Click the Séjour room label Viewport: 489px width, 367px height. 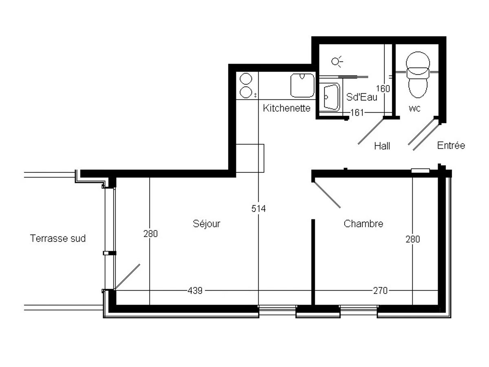click(207, 224)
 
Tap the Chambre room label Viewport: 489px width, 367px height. click(363, 224)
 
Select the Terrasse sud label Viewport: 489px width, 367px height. click(58, 239)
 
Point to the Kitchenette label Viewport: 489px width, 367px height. click(287, 108)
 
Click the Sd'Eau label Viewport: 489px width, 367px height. click(361, 97)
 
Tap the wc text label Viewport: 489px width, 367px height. click(414, 108)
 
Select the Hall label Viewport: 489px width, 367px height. click(382, 146)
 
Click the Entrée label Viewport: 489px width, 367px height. click(451, 146)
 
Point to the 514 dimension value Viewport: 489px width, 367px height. click(258, 209)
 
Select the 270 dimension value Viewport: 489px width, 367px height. click(380, 291)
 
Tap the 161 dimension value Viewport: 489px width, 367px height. click(357, 113)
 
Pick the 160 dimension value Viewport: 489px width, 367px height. click(383, 88)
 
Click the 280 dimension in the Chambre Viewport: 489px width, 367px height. click(412, 239)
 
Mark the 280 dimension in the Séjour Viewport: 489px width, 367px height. click(150, 234)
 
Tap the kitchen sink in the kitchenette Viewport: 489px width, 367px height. click(302, 86)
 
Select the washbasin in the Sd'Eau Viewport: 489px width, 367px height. click(330, 97)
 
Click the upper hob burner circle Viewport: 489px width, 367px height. click(246, 78)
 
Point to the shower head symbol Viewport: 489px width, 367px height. click(336, 62)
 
